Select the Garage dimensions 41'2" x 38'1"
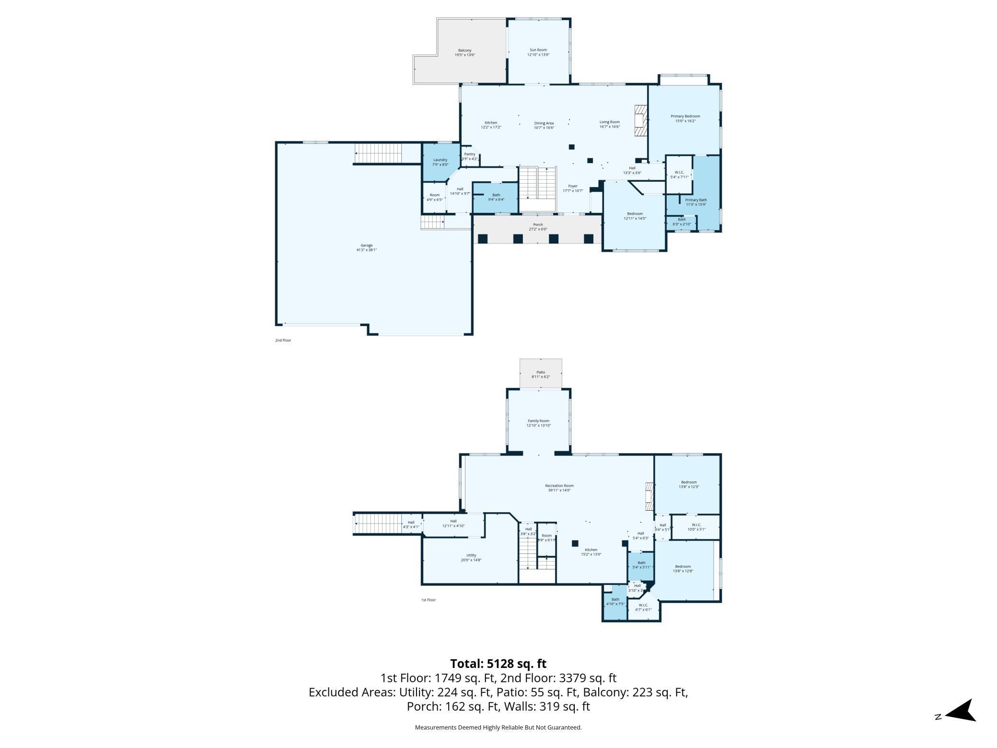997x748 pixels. tap(367, 250)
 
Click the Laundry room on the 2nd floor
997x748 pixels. tap(440, 162)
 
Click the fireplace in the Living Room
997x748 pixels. tap(640, 122)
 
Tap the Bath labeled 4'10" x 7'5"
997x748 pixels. tap(615, 601)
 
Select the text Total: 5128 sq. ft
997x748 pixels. tap(498, 664)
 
